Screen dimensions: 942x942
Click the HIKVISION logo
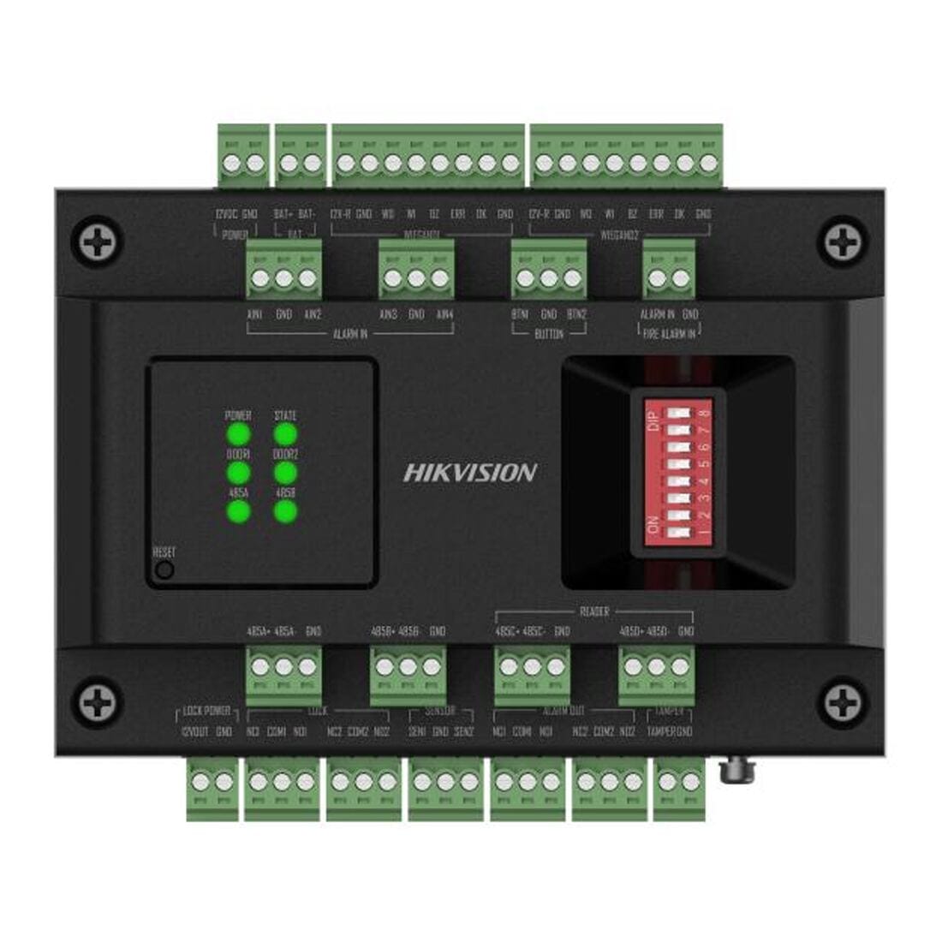coord(470,472)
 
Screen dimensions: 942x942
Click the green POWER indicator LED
coord(238,435)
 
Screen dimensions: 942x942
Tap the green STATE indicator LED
coord(285,435)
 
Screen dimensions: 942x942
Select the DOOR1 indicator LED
coord(238,473)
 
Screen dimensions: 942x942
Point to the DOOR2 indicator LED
coord(285,473)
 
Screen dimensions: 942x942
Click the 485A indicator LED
coord(238,511)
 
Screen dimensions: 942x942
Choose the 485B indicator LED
coord(285,511)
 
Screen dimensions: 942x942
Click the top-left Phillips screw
coord(97,242)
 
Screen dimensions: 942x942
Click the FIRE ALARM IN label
coord(669,333)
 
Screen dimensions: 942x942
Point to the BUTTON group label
coord(548,334)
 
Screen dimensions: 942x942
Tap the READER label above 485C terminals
coord(594,611)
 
